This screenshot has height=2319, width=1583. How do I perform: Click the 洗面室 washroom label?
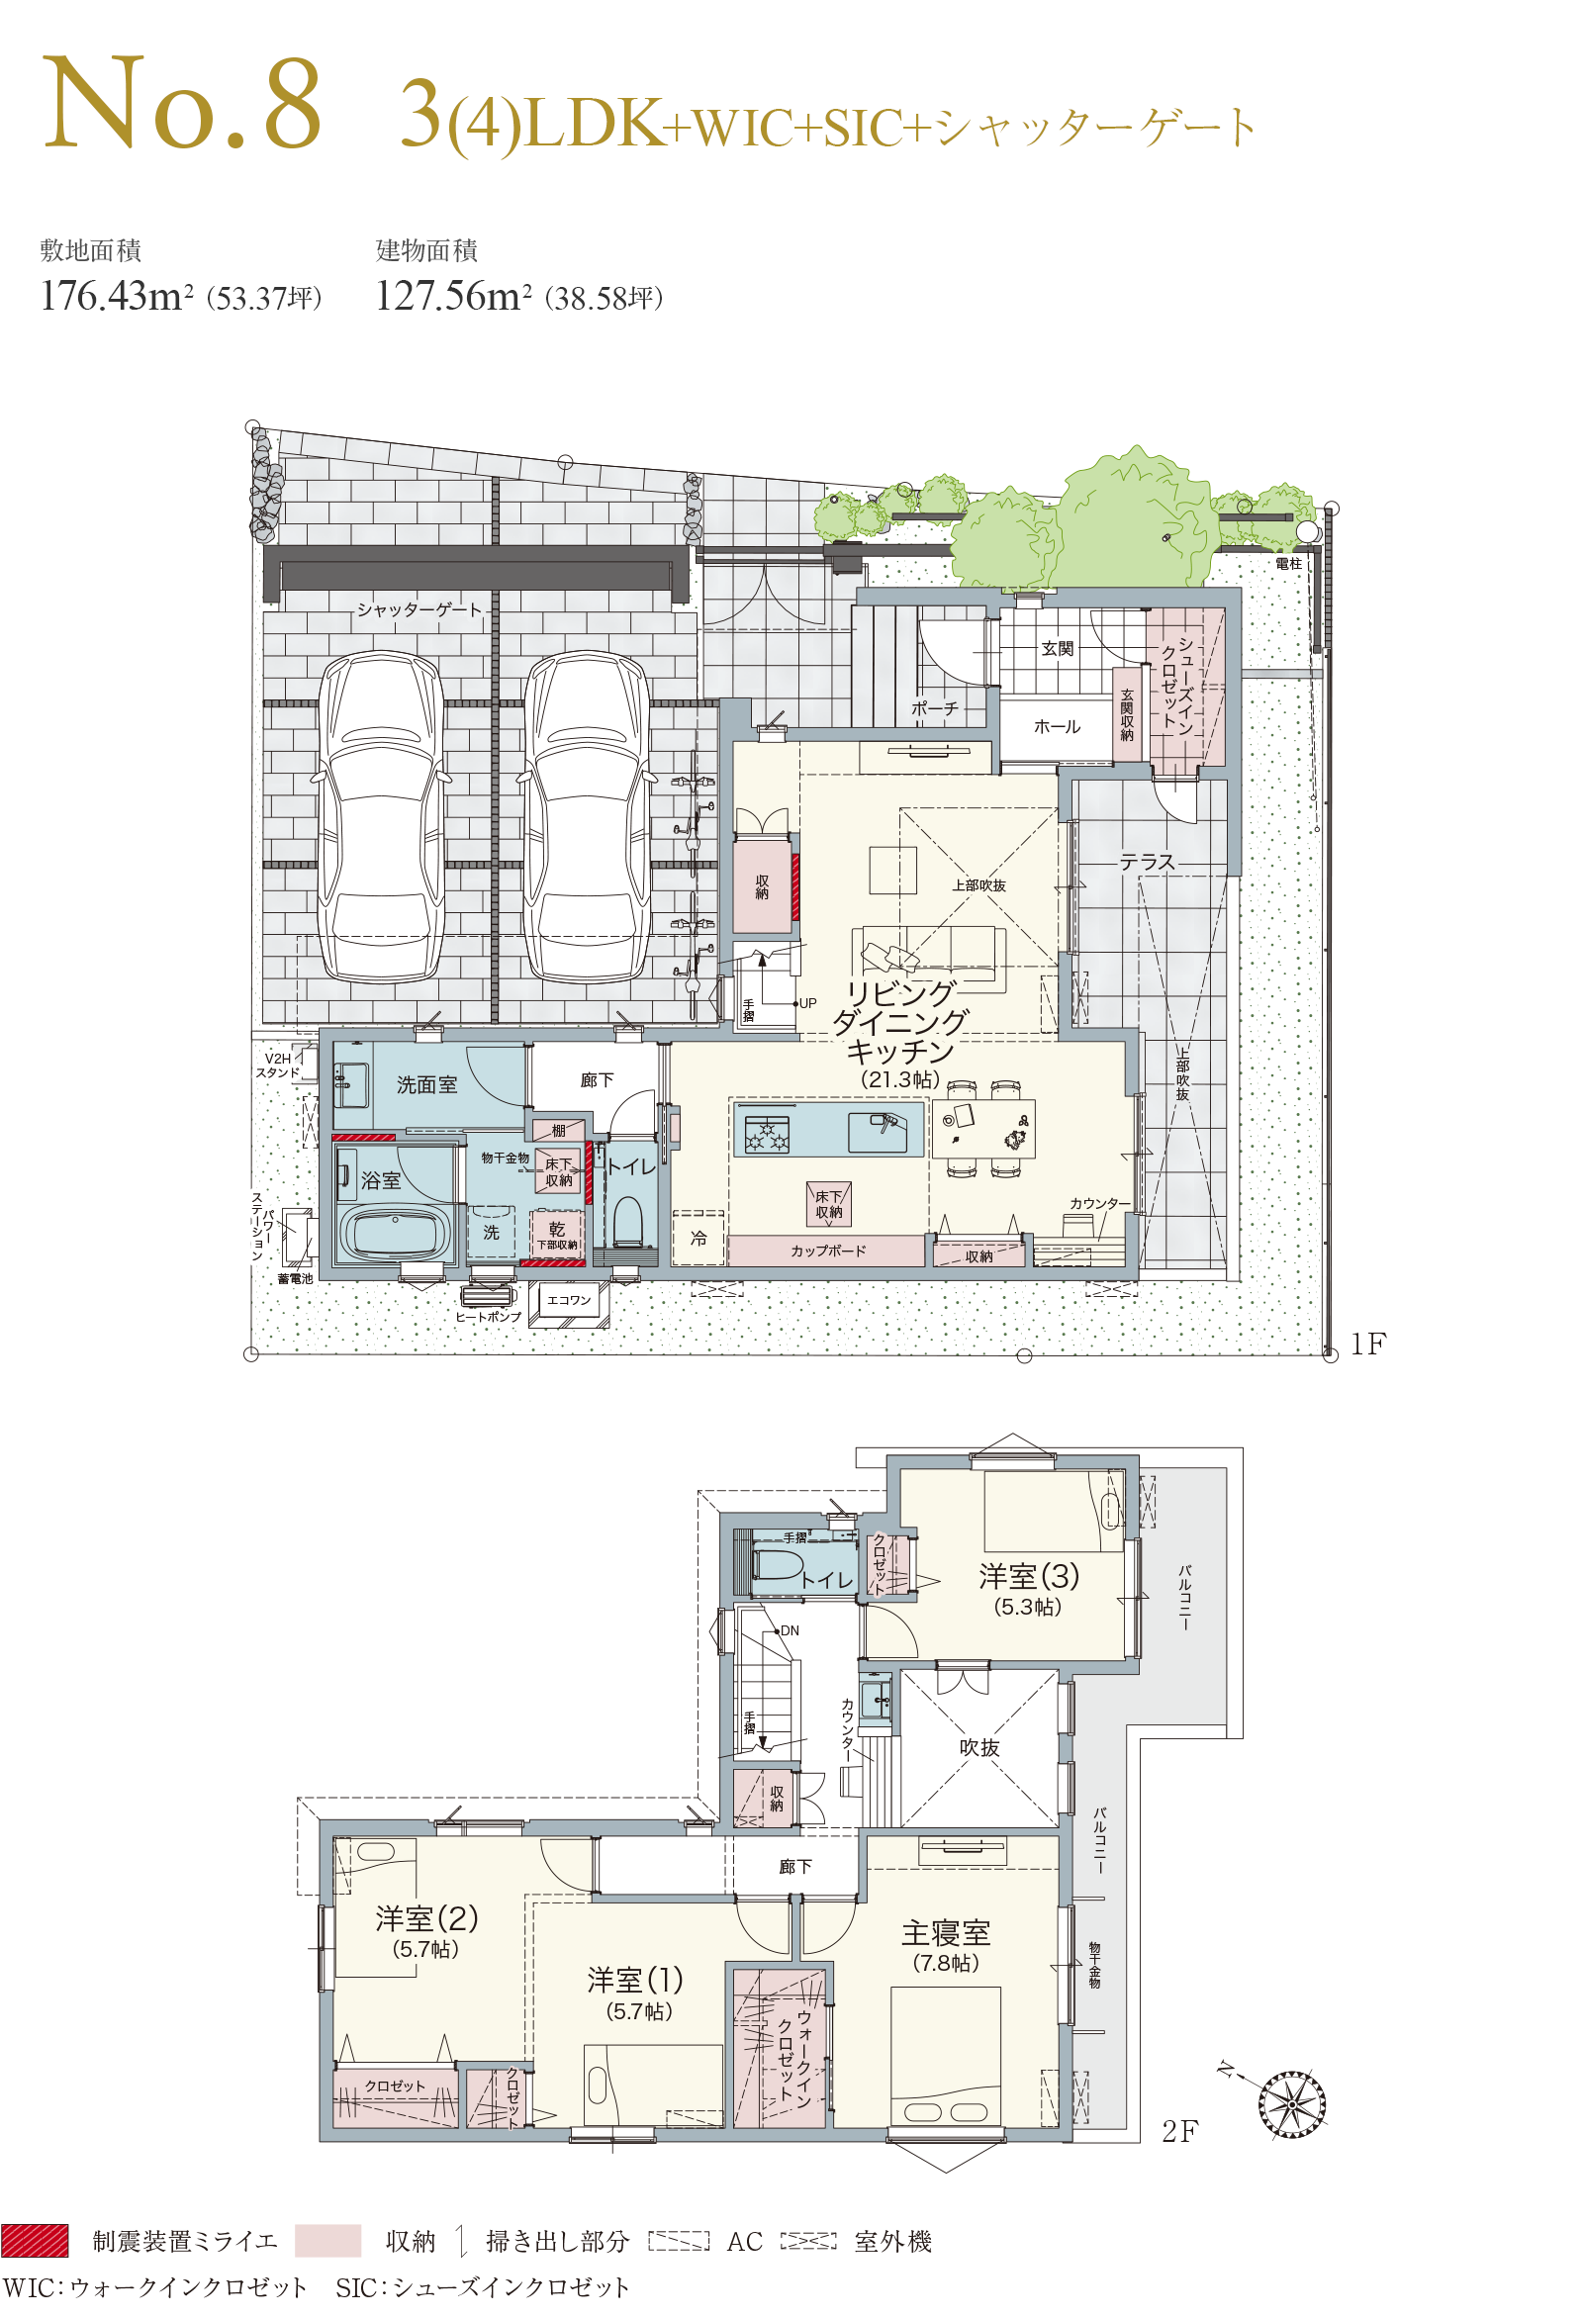tap(426, 1084)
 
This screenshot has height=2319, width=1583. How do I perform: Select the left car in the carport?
tap(381, 816)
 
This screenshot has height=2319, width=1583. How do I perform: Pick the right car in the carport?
tap(588, 816)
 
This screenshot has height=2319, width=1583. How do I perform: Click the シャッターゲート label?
tap(419, 609)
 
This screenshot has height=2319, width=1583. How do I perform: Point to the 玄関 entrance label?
tap(1057, 649)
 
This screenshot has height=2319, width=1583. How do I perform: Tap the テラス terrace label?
tap(1147, 862)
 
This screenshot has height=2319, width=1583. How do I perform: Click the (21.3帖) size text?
tap(900, 1079)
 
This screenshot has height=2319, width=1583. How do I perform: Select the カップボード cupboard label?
tap(827, 1251)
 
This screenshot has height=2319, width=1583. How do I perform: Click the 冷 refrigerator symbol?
tap(698, 1238)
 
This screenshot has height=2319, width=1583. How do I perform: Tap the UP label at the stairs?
tap(807, 1003)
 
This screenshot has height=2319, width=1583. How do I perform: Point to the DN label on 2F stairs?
tap(790, 1631)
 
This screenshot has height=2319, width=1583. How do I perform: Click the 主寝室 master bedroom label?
tap(945, 1934)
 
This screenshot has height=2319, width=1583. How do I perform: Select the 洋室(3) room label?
tap(1029, 1577)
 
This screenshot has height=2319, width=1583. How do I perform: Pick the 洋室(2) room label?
tap(426, 1919)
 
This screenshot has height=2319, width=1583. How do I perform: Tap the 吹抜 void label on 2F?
tap(979, 1748)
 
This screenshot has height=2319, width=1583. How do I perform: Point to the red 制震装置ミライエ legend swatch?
tap(35, 2240)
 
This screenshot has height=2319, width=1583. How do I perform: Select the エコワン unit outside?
tap(569, 1300)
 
